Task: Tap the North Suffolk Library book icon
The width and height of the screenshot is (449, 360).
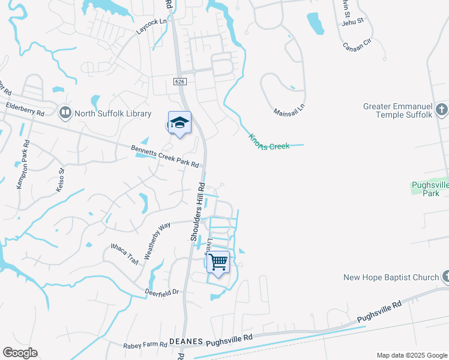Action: [x=64, y=112]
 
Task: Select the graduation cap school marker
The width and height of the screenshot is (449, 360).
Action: [x=179, y=123]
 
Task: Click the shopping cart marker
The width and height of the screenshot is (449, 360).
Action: [x=218, y=262]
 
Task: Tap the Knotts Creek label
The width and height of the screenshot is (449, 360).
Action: [x=270, y=142]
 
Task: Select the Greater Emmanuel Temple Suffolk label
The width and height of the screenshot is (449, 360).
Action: [x=398, y=110]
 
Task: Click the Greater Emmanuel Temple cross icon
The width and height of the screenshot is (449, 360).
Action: [x=443, y=109]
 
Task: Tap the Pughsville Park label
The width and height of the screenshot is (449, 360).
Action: [x=430, y=189]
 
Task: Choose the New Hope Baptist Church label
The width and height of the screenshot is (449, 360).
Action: [x=391, y=277]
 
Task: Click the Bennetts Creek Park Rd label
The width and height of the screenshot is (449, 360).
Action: [x=165, y=157]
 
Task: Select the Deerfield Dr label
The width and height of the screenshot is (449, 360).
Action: [x=162, y=292]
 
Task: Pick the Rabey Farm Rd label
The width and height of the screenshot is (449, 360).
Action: [x=145, y=345]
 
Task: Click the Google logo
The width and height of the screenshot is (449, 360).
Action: [x=20, y=353]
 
